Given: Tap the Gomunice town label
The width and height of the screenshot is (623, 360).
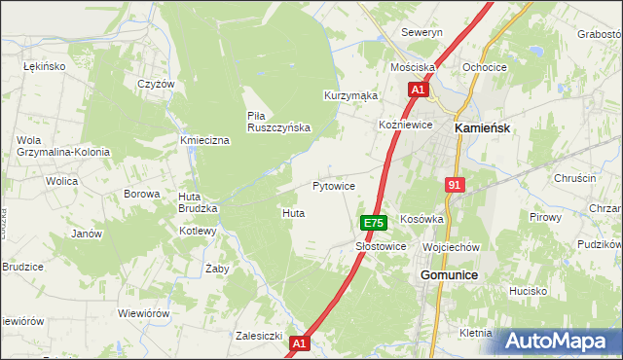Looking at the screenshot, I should click(449, 276).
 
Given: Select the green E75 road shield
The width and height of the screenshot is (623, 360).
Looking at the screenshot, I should click(374, 223).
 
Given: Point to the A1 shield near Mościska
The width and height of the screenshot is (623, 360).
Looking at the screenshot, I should click(417, 90).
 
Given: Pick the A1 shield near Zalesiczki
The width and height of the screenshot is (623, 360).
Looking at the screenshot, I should click(300, 342).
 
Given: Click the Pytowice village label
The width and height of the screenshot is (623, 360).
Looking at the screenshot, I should click(333, 185).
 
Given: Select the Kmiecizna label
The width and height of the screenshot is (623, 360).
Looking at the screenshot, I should click(204, 141).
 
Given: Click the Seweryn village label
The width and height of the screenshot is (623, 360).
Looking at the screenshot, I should click(422, 32).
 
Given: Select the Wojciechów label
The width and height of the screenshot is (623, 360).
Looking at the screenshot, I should click(452, 247).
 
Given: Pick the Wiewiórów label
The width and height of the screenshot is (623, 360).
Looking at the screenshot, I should click(144, 314).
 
